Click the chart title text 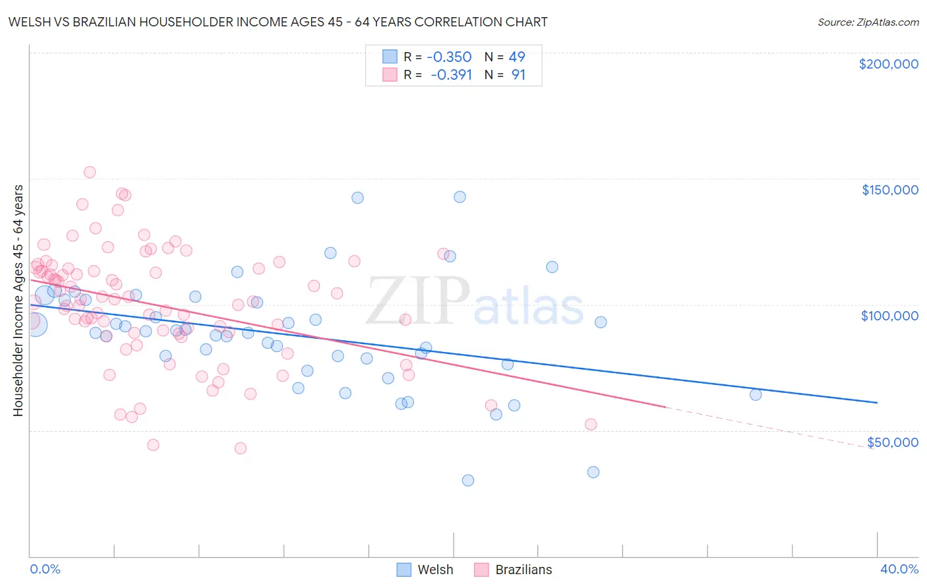(x=277, y=22)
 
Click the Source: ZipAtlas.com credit (x=868, y=22)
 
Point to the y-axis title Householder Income (x=18, y=301)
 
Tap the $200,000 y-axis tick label (x=888, y=64)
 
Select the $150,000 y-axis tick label (x=889, y=190)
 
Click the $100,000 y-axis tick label (x=889, y=316)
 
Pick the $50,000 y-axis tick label (x=892, y=442)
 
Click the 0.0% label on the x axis (x=45, y=569)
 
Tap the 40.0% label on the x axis (x=899, y=569)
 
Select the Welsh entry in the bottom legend (x=435, y=570)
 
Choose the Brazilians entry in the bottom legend (x=523, y=570)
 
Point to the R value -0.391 (x=451, y=74)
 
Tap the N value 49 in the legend (x=517, y=57)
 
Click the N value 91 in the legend (x=518, y=74)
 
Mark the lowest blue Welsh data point (x=468, y=480)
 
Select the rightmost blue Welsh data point (x=756, y=394)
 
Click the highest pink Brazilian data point (x=90, y=172)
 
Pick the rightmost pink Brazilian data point (x=591, y=424)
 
